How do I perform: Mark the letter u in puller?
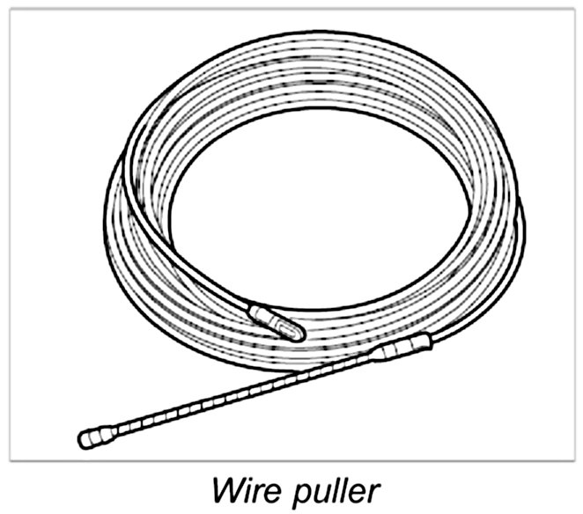tap(315, 489)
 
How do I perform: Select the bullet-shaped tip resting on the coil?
tap(277, 322)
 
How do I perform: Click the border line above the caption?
tap(291, 461)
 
